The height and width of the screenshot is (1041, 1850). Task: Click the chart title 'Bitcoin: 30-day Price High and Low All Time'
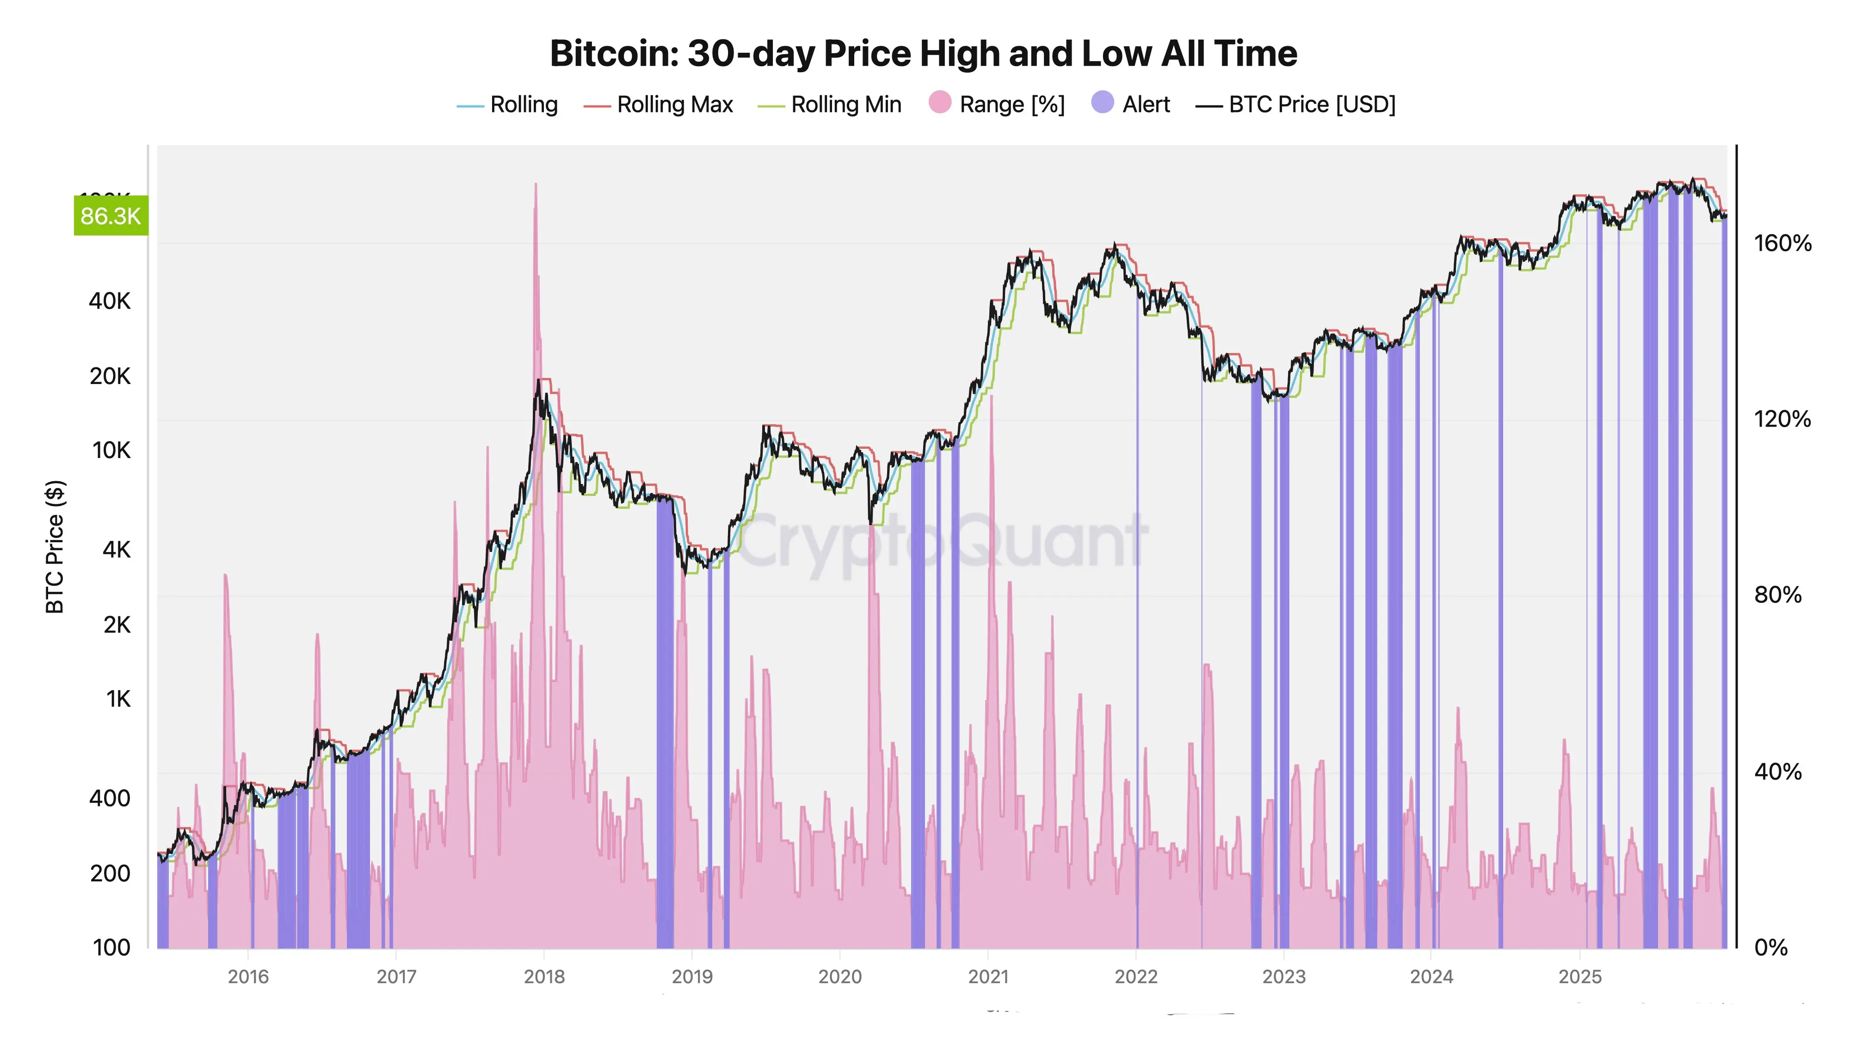pyautogui.click(x=924, y=54)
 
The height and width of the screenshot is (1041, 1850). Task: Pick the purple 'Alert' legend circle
pyautogui.click(x=1103, y=103)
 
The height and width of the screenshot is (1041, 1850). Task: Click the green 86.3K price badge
pyautogui.click(x=111, y=216)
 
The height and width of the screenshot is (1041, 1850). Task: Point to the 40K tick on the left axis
pyautogui.click(x=110, y=301)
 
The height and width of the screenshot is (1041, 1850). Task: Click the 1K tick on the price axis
pyautogui.click(x=118, y=699)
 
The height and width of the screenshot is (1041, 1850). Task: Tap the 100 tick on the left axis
pyautogui.click(x=112, y=948)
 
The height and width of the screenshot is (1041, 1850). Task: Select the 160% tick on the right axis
pyautogui.click(x=1782, y=243)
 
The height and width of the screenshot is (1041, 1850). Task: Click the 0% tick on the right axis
pyautogui.click(x=1770, y=948)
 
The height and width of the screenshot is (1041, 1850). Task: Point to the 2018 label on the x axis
pyautogui.click(x=544, y=977)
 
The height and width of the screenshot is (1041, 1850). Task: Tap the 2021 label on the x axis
pyautogui.click(x=988, y=977)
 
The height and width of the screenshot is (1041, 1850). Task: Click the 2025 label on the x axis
pyautogui.click(x=1580, y=977)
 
